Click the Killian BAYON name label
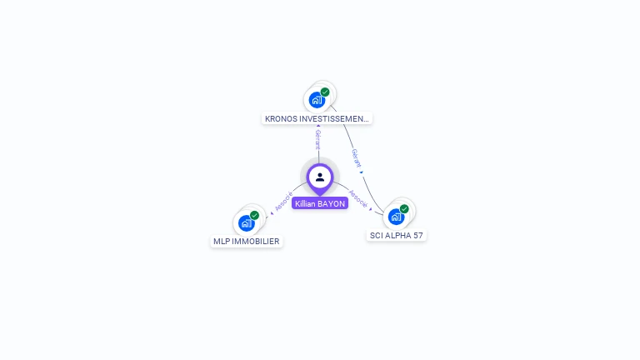coord(320,203)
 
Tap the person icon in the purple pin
coord(320,177)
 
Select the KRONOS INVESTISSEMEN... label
coord(317,119)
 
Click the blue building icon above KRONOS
coord(317,101)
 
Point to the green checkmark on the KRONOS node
coord(325,92)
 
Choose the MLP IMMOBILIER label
coord(247,242)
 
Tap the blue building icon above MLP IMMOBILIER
coord(246,223)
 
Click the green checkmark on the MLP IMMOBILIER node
coord(254,215)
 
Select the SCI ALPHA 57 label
coord(397,236)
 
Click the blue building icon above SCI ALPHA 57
coord(396,217)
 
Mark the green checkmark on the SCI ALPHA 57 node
coord(404,208)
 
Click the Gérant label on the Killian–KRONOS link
coord(317,139)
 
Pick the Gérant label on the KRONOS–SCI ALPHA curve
coord(356,158)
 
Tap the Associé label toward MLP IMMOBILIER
coord(283,202)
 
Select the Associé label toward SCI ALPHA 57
coord(358,198)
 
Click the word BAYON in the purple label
coord(331,203)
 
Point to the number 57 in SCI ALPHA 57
coord(417,236)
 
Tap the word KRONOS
coord(280,119)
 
